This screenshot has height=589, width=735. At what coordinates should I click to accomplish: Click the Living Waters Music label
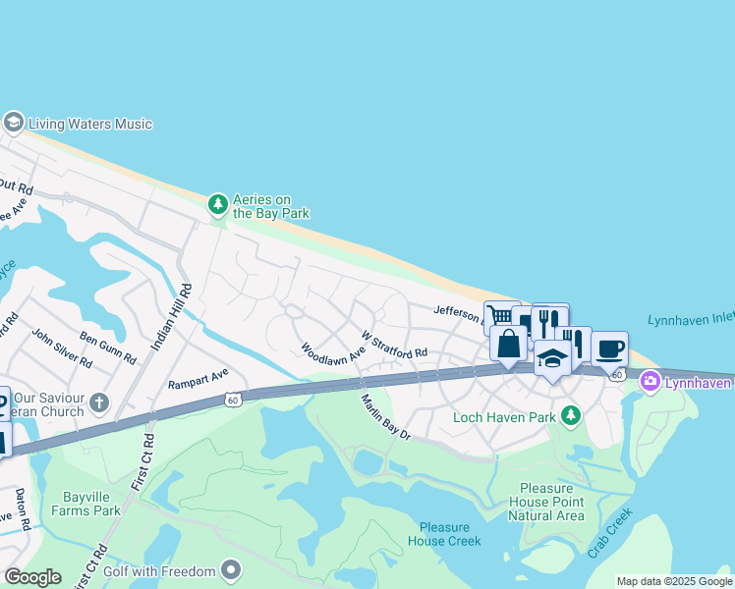pyautogui.click(x=89, y=125)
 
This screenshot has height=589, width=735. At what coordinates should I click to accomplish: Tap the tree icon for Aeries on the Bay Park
pyautogui.click(x=217, y=205)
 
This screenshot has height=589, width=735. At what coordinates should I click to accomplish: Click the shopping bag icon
pyautogui.click(x=508, y=345)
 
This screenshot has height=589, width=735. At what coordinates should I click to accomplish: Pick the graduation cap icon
pyautogui.click(x=552, y=357)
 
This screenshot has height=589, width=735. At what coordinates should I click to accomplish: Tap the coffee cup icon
pyautogui.click(x=609, y=348)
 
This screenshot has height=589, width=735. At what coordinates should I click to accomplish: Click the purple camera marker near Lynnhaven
pyautogui.click(x=650, y=381)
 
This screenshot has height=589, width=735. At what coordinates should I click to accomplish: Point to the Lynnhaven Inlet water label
pyautogui.click(x=691, y=321)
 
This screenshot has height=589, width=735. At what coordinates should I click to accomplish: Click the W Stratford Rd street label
pyautogui.click(x=394, y=345)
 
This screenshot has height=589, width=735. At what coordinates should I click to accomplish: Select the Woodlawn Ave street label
pyautogui.click(x=333, y=350)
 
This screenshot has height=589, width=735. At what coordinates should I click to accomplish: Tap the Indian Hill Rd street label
pyautogui.click(x=171, y=316)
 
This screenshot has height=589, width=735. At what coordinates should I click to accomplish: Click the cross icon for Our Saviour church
pyautogui.click(x=98, y=402)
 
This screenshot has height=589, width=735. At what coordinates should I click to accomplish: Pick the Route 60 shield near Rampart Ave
pyautogui.click(x=232, y=400)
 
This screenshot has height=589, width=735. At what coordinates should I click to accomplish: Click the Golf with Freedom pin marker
pyautogui.click(x=231, y=570)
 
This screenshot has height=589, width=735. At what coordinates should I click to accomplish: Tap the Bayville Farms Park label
pyautogui.click(x=86, y=504)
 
